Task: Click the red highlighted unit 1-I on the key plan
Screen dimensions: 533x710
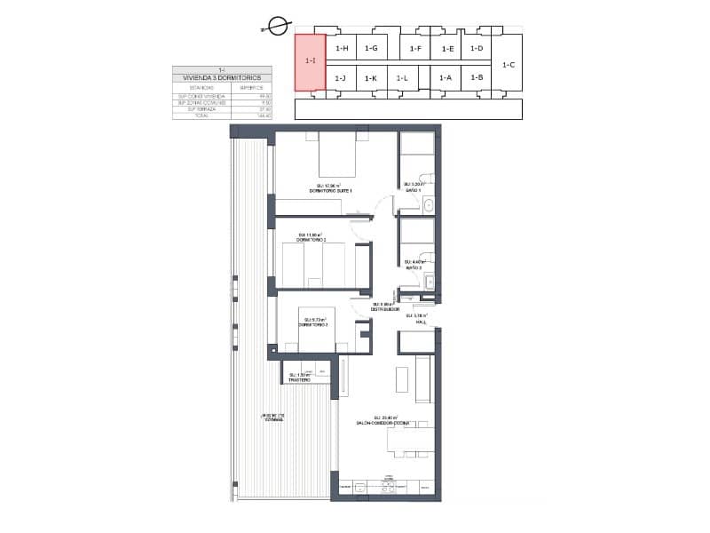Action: click(x=310, y=62)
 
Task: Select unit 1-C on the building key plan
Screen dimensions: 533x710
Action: click(x=509, y=64)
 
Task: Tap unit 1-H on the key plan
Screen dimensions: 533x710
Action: click(x=342, y=49)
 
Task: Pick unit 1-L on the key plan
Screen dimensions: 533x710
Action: click(x=401, y=78)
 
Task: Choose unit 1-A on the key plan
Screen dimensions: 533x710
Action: click(x=446, y=78)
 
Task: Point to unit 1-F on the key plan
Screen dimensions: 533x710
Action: click(x=414, y=49)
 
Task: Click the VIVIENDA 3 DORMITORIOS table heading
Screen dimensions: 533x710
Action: click(x=221, y=78)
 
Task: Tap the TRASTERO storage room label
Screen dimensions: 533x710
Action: click(x=299, y=380)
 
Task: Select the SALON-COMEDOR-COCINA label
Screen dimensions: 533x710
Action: click(x=383, y=423)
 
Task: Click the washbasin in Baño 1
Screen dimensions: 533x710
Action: click(x=428, y=206)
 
